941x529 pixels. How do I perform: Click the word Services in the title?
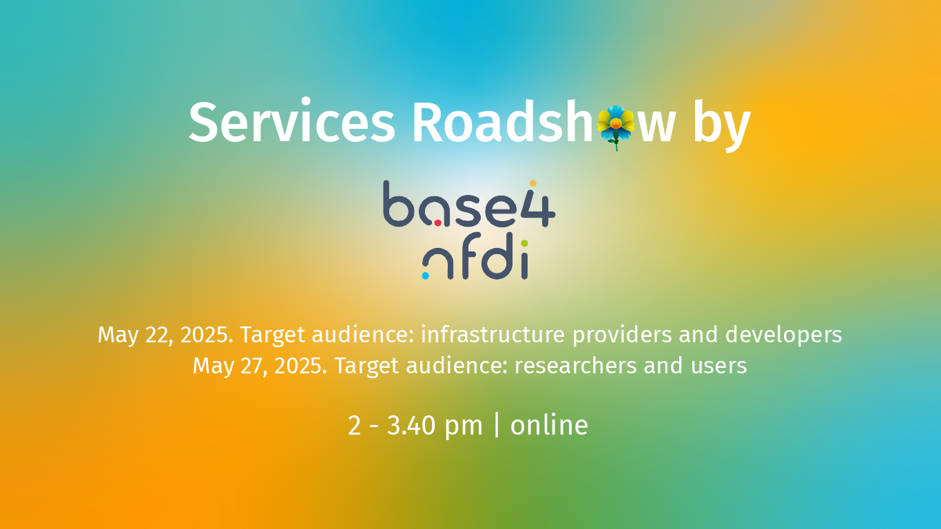coord(291,123)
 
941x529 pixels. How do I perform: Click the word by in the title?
coord(721,125)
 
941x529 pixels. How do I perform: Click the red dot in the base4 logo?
coord(437,222)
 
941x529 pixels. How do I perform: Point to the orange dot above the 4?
coord(532,183)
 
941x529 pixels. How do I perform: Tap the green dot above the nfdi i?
coord(524,243)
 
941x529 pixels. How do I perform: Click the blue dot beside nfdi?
coord(425,276)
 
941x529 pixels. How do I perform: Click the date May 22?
coord(135,335)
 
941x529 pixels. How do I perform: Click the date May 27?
coord(230,366)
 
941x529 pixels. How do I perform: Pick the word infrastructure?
coord(493,335)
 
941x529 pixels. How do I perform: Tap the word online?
coord(549,425)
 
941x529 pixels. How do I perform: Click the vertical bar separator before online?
coord(497,425)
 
